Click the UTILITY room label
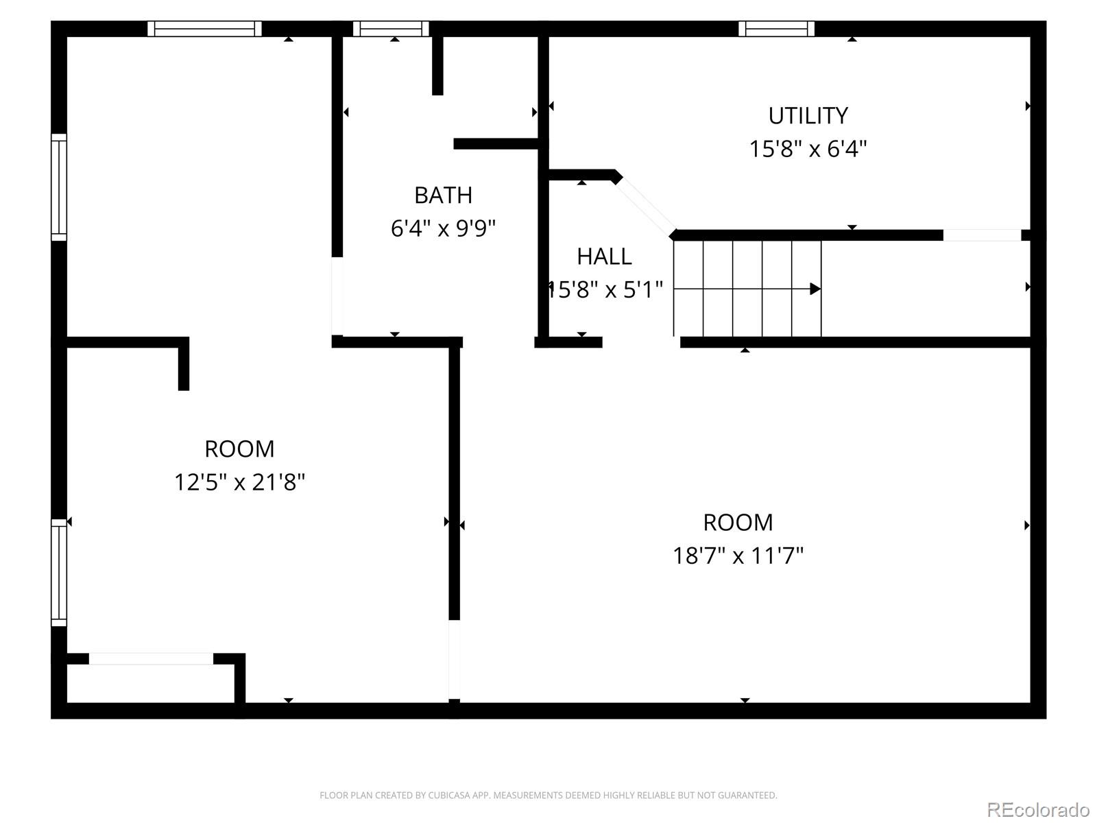point(808,116)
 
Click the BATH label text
point(443,195)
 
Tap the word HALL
point(604,257)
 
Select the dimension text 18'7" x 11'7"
point(738,555)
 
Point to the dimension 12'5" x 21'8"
point(239,482)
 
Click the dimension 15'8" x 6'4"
point(808,149)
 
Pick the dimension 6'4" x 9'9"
point(443,228)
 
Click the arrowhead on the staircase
point(815,289)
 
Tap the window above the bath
point(391,29)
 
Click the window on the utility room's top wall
point(776,29)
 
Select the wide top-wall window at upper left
point(204,29)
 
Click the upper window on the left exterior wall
point(60,187)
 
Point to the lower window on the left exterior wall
point(60,573)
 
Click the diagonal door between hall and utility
point(644,205)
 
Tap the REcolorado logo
point(1038,810)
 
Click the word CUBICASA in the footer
point(449,796)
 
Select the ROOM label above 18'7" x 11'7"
point(738,523)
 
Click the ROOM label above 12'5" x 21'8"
point(239,449)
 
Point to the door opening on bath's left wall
point(337,296)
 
